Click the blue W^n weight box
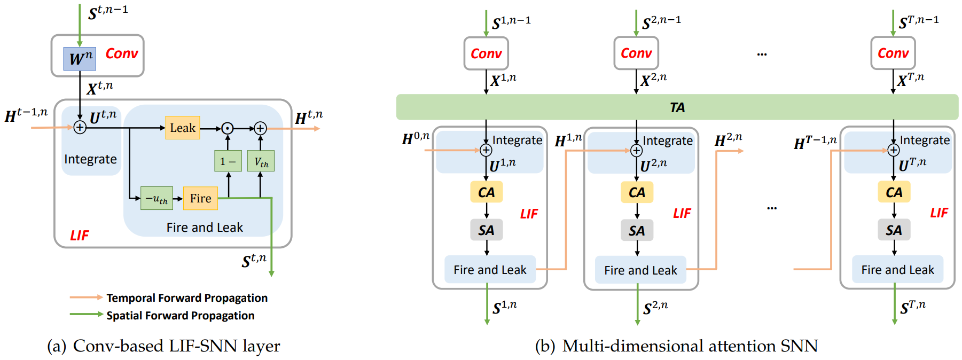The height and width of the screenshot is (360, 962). (80, 59)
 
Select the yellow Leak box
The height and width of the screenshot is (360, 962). (183, 128)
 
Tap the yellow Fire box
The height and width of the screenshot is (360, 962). (200, 198)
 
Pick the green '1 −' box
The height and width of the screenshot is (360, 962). (228, 161)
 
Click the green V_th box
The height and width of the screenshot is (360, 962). (261, 161)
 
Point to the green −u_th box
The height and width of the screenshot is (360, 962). (157, 198)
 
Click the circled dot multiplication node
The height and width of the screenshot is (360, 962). (228, 129)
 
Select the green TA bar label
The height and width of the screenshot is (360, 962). (677, 107)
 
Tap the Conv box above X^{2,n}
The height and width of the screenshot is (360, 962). (636, 53)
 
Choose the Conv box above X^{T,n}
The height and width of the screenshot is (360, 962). (893, 53)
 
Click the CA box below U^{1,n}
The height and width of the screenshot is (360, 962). (486, 192)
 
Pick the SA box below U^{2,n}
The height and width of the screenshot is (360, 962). (637, 231)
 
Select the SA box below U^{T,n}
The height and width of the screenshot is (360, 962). (894, 230)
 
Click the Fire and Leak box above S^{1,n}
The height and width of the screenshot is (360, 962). (490, 270)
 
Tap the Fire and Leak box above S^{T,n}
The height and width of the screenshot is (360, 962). (897, 270)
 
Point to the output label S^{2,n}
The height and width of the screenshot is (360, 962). (655, 308)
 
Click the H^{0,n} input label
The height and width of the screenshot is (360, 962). (416, 138)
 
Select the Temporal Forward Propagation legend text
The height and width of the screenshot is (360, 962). (187, 298)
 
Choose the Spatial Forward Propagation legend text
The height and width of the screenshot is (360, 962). (180, 316)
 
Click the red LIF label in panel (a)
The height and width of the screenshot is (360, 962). (80, 236)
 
